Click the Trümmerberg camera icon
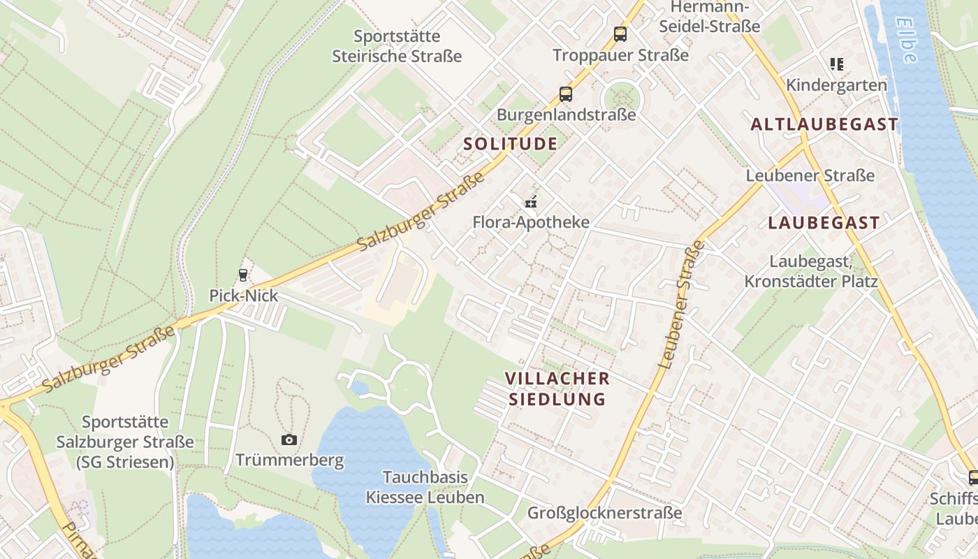[289, 440]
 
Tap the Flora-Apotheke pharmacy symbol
[531, 203]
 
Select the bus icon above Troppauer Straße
[620, 34]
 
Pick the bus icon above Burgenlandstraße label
[565, 94]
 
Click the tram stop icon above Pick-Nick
[243, 275]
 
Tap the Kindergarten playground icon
[836, 64]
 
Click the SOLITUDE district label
[511, 144]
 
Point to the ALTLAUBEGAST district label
[824, 124]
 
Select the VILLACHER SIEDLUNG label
[557, 389]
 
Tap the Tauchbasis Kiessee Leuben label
[425, 487]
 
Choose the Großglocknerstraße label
[604, 513]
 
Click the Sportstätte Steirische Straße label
[397, 46]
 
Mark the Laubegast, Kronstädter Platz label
[810, 271]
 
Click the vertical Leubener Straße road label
[681, 304]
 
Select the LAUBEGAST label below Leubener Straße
[824, 223]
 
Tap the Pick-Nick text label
[243, 296]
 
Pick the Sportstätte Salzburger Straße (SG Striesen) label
[125, 442]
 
